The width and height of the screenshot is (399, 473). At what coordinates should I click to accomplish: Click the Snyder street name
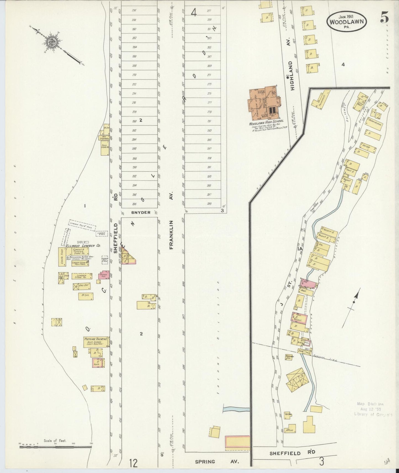click(141, 212)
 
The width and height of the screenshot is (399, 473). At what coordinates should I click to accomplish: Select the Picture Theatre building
click(96, 342)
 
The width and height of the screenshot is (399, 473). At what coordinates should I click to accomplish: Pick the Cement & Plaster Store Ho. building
click(80, 251)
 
